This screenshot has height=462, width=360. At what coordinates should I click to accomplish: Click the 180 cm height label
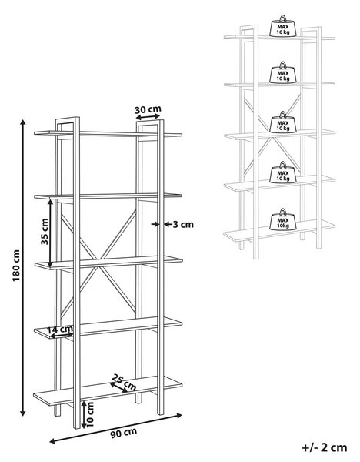click(x=16, y=266)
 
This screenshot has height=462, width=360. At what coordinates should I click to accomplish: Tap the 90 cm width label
click(x=124, y=433)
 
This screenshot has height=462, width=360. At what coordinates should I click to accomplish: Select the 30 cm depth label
click(x=148, y=109)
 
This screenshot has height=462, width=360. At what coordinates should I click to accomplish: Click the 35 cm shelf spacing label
click(x=45, y=232)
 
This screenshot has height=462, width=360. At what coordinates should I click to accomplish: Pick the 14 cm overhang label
click(x=60, y=329)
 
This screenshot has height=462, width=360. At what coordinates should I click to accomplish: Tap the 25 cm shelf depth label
click(x=125, y=382)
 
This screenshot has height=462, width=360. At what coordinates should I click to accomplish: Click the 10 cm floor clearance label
click(x=90, y=414)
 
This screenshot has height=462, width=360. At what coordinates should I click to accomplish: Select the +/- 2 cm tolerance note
click(x=325, y=448)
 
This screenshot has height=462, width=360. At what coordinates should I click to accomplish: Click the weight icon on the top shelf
click(x=283, y=26)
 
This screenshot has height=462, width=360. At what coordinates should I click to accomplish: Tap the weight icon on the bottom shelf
click(x=283, y=219)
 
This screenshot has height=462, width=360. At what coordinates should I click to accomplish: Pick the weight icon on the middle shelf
click(x=283, y=122)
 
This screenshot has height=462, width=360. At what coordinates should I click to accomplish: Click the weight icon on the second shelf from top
click(x=283, y=73)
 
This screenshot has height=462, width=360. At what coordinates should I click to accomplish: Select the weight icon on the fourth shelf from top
click(x=283, y=172)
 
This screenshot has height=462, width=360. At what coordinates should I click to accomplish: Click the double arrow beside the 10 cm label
click(x=84, y=414)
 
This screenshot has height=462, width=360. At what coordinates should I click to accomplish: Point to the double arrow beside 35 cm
click(x=50, y=233)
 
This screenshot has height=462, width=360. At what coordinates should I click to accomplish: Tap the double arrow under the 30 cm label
click(x=148, y=117)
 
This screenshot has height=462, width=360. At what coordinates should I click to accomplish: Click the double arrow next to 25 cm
click(x=118, y=387)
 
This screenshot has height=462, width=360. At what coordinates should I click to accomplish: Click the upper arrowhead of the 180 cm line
click(x=22, y=122)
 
